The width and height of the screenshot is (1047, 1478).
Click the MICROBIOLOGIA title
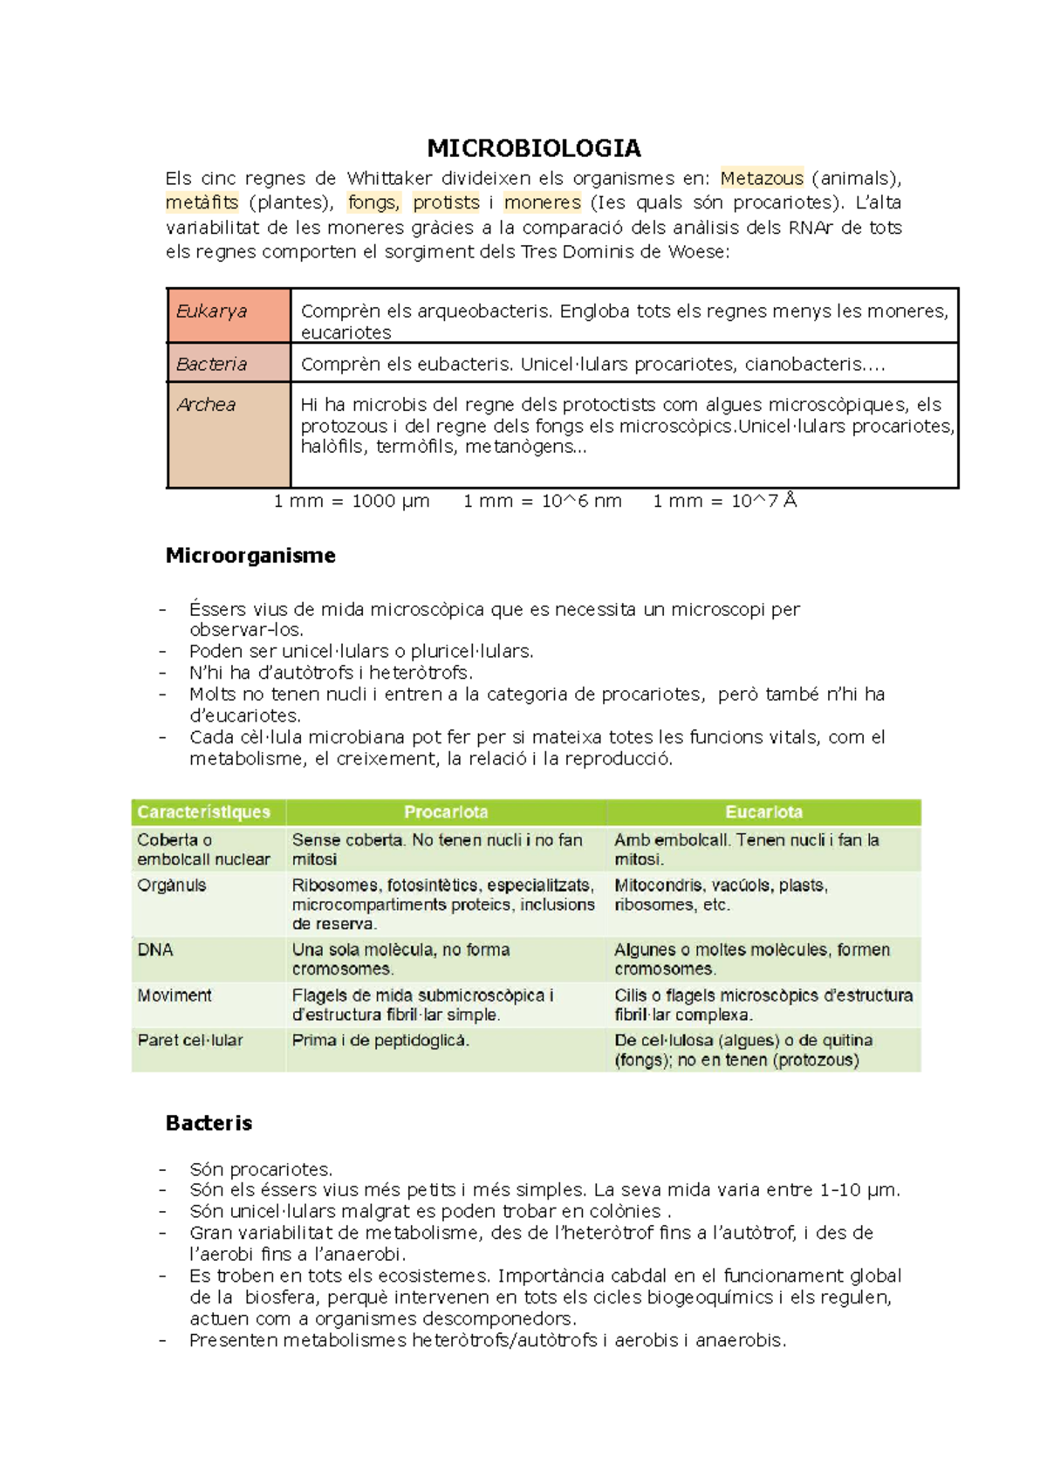tap(534, 147)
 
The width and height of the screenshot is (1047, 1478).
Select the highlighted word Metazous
tap(762, 179)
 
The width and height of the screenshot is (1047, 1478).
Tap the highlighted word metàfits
tap(202, 202)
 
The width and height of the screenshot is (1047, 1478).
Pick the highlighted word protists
tap(446, 202)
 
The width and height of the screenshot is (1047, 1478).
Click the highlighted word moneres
tap(542, 202)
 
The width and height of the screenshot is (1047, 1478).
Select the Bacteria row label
tap(212, 364)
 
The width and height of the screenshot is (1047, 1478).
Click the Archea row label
tap(207, 405)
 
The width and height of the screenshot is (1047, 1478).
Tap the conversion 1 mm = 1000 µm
tap(352, 501)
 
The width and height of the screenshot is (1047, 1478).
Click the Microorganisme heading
tap(250, 556)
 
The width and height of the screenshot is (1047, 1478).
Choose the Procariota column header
tap(446, 812)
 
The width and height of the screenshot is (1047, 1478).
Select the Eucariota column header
tap(763, 812)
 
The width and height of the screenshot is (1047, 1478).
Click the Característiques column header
tap(204, 812)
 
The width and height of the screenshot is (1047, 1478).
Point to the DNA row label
tap(155, 949)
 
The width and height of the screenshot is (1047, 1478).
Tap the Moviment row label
tap(174, 996)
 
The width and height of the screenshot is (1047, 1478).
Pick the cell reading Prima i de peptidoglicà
tap(380, 1040)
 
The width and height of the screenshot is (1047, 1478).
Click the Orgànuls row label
tap(172, 886)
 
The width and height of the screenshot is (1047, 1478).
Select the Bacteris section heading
tap(209, 1123)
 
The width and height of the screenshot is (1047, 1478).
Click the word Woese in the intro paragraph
tap(695, 252)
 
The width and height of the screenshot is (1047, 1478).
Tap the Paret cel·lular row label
tap(190, 1040)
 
